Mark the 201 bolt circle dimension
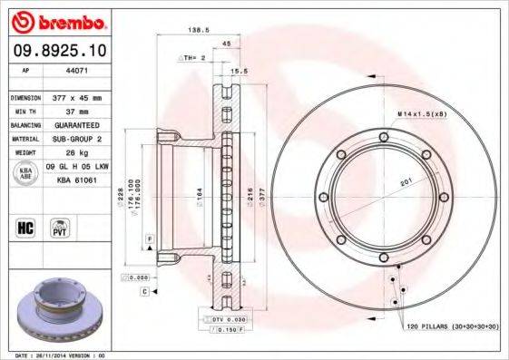405,182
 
